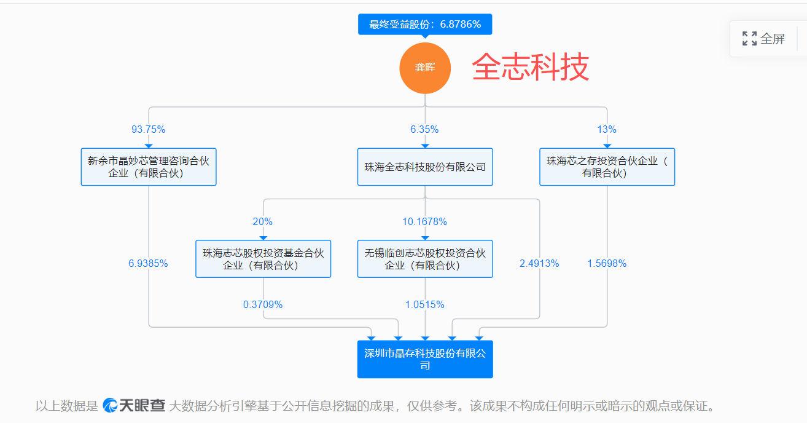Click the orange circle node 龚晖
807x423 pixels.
pyautogui.click(x=425, y=68)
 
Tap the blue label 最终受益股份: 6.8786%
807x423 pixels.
pyautogui.click(x=425, y=24)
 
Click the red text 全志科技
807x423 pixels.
pyautogui.click(x=530, y=67)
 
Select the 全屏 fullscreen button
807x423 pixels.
pyautogui.click(x=763, y=39)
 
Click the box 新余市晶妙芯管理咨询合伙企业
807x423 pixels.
pyautogui.click(x=149, y=167)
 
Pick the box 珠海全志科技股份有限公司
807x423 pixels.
pyautogui.click(x=425, y=167)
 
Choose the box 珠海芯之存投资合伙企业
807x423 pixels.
pyautogui.click(x=607, y=167)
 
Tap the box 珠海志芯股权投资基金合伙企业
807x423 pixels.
pyautogui.click(x=263, y=259)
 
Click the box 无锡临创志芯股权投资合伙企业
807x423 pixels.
pyautogui.click(x=425, y=259)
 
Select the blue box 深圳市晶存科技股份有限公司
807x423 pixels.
pyautogui.click(x=425, y=360)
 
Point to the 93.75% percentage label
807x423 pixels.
pyautogui.click(x=149, y=130)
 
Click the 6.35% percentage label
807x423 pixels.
pyautogui.click(x=425, y=130)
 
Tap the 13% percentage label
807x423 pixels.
pyautogui.click(x=607, y=130)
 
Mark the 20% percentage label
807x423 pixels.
pyautogui.click(x=263, y=222)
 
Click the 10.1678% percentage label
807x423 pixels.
pyautogui.click(x=425, y=222)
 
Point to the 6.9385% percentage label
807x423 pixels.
pyautogui.click(x=148, y=264)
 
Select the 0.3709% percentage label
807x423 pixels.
pyautogui.click(x=263, y=305)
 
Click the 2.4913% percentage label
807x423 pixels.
pyautogui.click(x=539, y=264)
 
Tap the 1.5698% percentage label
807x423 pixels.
pyautogui.click(x=607, y=264)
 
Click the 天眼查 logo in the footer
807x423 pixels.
pyautogui.click(x=134, y=406)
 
